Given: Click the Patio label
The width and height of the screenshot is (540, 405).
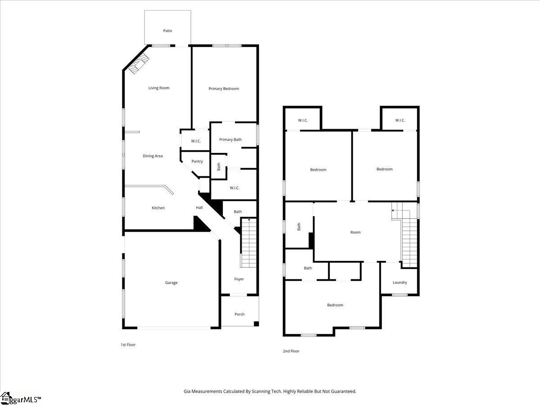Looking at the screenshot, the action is pos(167,31).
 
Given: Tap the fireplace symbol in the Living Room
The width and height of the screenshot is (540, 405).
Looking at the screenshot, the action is pos(139,64).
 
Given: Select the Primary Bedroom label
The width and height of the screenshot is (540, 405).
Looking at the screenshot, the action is pos(224,89).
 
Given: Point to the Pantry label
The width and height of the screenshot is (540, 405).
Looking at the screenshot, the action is pos(197,161).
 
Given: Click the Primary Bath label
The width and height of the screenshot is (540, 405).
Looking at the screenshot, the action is pos(230,139).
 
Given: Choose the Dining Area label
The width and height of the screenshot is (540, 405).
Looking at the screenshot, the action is pos(153,156).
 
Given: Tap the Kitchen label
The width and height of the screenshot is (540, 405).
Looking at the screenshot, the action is pos(158,208).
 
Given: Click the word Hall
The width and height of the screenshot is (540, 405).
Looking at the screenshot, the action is pos(199,207).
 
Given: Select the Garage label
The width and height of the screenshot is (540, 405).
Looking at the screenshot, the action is pos(171,283).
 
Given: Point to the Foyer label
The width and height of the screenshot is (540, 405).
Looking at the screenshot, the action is pos(239,279).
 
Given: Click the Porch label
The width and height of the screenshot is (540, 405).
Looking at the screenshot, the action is pos(239,314).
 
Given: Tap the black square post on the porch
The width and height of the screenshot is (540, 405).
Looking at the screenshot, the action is pos(256,324).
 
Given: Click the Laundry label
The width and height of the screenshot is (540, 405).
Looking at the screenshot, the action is pos(400,282).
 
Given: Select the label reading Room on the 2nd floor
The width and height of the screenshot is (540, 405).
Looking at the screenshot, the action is pos(355,232).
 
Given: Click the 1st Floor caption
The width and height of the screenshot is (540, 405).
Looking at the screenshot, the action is pos(128,345).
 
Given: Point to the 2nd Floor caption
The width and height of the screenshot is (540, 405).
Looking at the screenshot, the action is pos(291,351).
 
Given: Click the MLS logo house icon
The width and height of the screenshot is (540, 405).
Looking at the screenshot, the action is pos(5,398).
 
